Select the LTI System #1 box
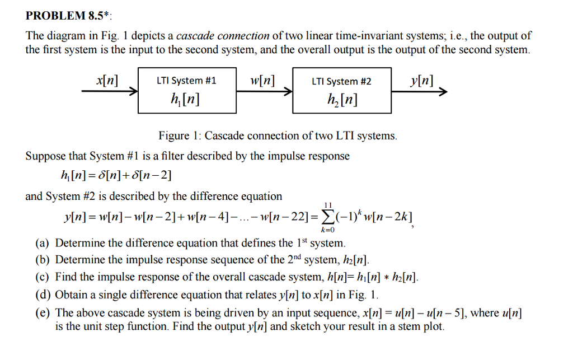coord(186,90)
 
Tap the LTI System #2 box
coord(342,90)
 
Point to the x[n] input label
coord(107,80)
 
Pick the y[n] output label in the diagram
coord(421,80)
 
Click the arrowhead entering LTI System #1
coord(134,93)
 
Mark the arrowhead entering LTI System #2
coord(289,93)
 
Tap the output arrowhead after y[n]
coord(444,93)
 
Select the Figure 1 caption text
coord(278,136)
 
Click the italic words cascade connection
coord(223,36)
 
